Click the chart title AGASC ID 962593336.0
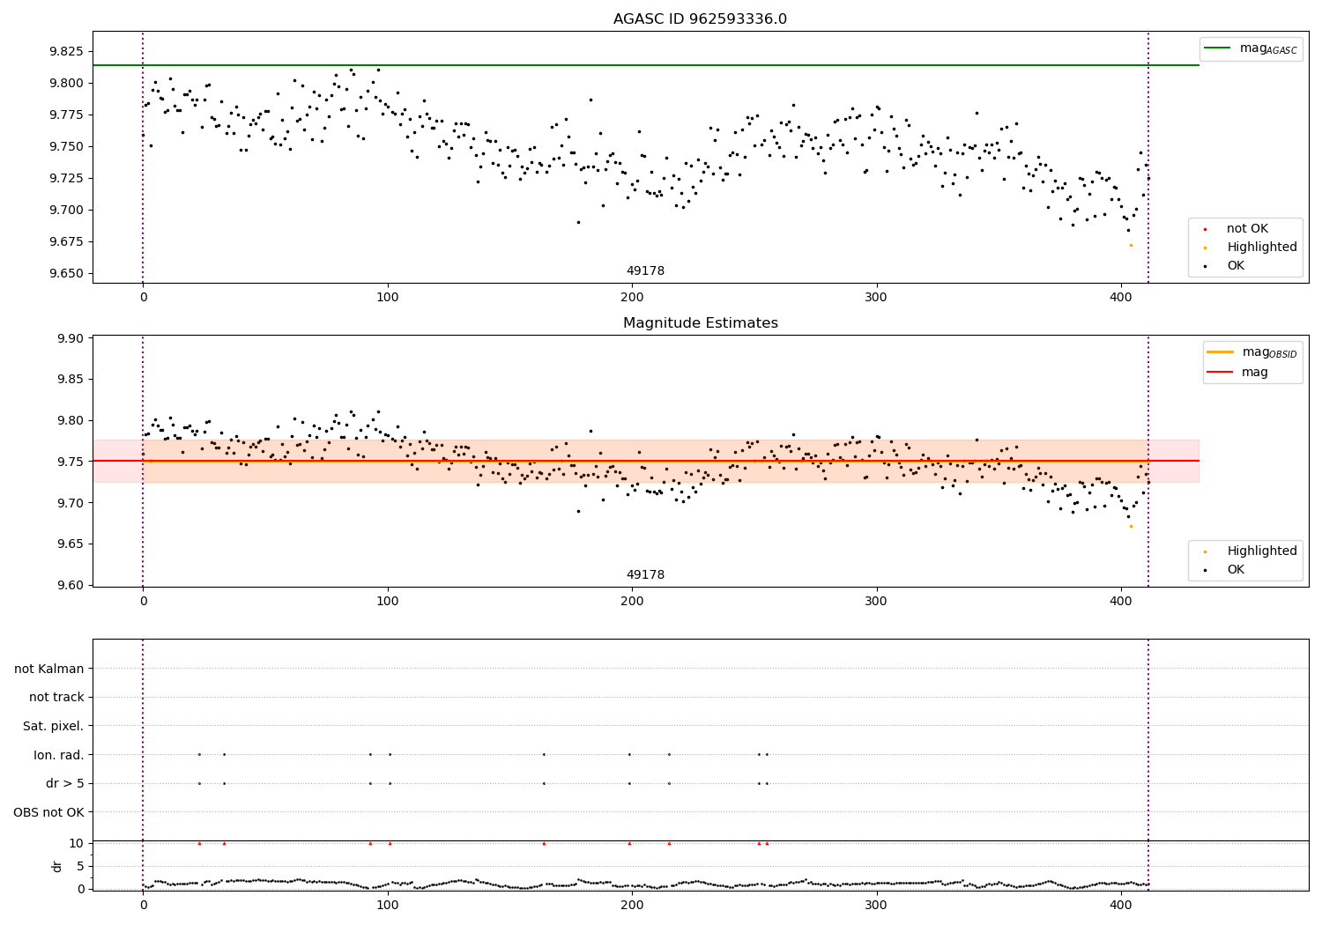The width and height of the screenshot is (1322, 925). pyautogui.click(x=700, y=19)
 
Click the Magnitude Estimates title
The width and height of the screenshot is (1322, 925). pyautogui.click(x=700, y=323)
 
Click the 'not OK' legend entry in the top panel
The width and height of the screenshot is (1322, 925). pyautogui.click(x=1247, y=229)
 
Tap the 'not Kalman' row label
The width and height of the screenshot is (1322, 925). pyautogui.click(x=49, y=669)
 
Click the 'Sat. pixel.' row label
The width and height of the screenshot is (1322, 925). pyautogui.click(x=54, y=726)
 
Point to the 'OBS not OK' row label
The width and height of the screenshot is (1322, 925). pyautogui.click(x=49, y=811)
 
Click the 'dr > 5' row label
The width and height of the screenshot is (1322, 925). pyautogui.click(x=65, y=783)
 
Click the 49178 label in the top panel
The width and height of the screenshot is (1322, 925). pyautogui.click(x=645, y=271)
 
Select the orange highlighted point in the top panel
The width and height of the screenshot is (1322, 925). pyautogui.click(x=1131, y=245)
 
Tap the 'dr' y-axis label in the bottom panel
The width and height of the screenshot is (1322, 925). pyautogui.click(x=57, y=866)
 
